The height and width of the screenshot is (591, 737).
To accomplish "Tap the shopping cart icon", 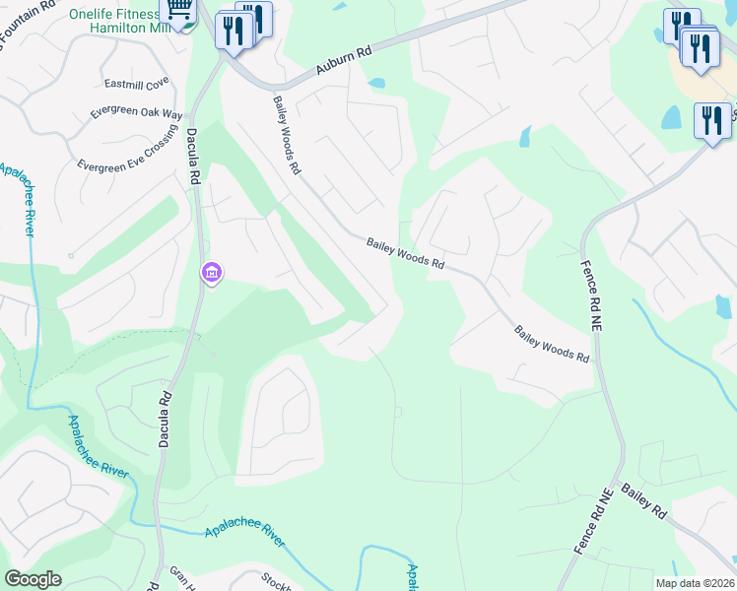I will [178, 11].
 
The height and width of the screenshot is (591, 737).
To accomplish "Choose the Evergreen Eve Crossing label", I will [127, 153].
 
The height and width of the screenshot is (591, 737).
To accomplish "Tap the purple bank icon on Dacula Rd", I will [211, 273].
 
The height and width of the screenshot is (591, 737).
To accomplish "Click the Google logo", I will [33, 579].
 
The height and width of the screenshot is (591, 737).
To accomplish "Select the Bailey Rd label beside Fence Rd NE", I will [644, 501].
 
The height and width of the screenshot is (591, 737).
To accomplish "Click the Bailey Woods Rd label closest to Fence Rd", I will [552, 344].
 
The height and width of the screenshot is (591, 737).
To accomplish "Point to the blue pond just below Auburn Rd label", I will [376, 84].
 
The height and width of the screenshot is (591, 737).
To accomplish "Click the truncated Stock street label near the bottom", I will [277, 581].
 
